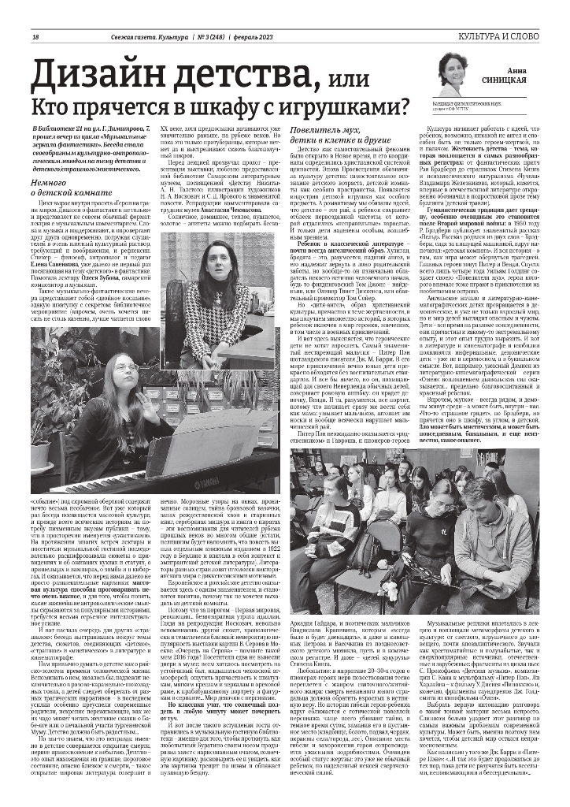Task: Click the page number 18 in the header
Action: click(35, 39)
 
